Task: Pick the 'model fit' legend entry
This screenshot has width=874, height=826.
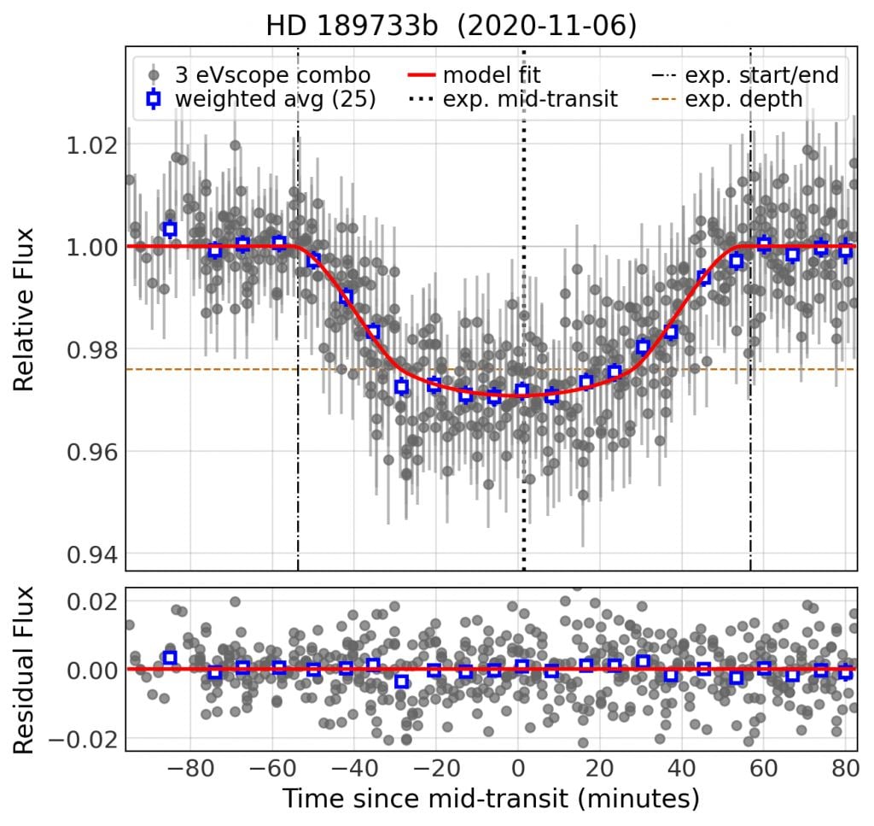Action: tap(492, 74)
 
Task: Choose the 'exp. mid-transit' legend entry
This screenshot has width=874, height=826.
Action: tap(530, 99)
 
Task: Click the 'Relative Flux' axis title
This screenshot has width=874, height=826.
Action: tap(26, 309)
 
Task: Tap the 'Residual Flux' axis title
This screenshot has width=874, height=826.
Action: tap(26, 669)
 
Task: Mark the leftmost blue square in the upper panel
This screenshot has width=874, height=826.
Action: tap(170, 229)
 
